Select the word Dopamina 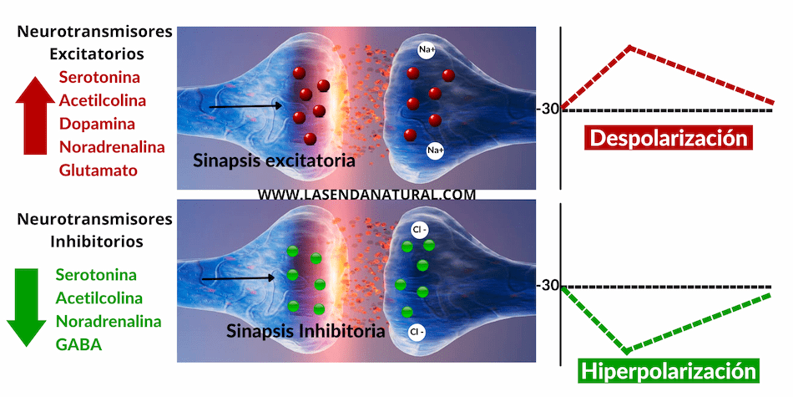pyautogui.click(x=96, y=124)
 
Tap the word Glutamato pyautogui.click(x=98, y=170)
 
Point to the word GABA pyautogui.click(x=79, y=344)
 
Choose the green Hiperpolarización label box pyautogui.click(x=669, y=371)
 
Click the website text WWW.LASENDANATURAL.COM pyautogui.click(x=366, y=194)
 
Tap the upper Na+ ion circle pyautogui.click(x=427, y=51)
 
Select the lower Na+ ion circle pyautogui.click(x=435, y=150)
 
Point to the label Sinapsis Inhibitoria pyautogui.click(x=306, y=331)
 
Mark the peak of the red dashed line pyautogui.click(x=630, y=47)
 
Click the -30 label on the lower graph pyautogui.click(x=548, y=285)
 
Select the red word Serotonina pyautogui.click(x=100, y=77)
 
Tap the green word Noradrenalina pyautogui.click(x=109, y=320)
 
